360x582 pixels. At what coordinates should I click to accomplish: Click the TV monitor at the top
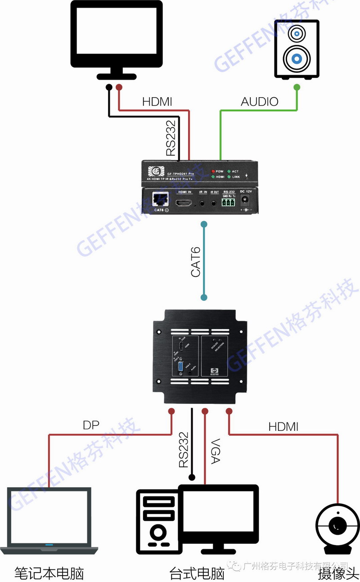(117, 36)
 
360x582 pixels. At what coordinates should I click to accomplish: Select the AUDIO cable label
(260, 102)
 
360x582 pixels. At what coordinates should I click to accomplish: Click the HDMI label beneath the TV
(157, 102)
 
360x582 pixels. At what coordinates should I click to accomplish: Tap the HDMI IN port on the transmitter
(183, 202)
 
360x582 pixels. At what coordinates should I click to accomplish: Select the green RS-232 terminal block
(228, 202)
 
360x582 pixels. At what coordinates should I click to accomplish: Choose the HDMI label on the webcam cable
(283, 427)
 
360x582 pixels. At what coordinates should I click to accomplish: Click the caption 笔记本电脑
(49, 573)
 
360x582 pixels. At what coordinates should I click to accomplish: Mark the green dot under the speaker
(296, 87)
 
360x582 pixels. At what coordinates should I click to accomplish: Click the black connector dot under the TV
(109, 87)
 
